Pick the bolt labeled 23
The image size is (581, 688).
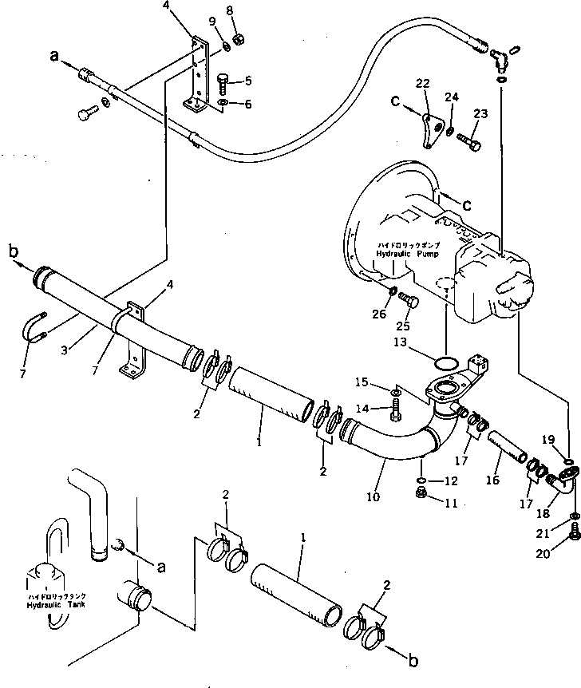(x=470, y=144)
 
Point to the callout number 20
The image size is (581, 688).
(x=567, y=552)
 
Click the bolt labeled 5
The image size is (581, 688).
(x=223, y=81)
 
